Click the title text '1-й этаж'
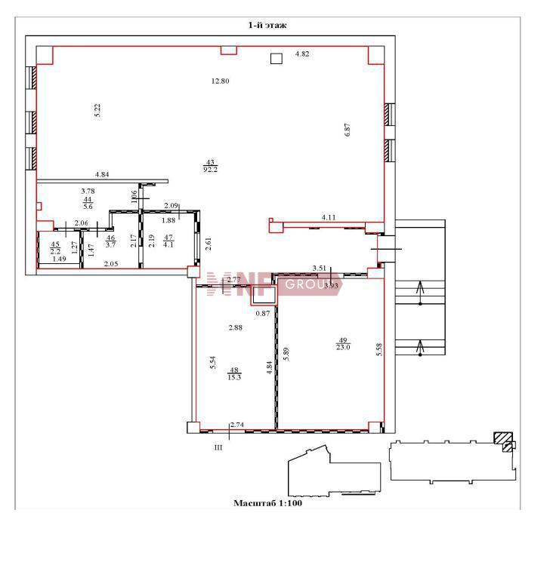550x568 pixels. pos(267,25)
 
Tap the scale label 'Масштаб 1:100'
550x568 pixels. pos(267,503)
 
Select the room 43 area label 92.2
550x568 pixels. pos(211,169)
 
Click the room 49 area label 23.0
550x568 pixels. pos(343,347)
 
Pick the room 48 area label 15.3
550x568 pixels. pos(234,377)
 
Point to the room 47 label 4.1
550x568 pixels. pos(168,244)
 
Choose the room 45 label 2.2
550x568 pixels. pos(55,251)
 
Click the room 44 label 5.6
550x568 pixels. pos(88,207)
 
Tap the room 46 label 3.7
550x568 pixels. pos(110,244)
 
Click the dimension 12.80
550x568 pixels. pos(220,81)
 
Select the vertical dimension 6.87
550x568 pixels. pos(348,130)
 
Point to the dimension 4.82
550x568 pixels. pos(302,54)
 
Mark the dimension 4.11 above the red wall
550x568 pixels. pos(329,217)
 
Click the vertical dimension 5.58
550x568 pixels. pos(379,349)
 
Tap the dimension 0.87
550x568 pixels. pos(263,313)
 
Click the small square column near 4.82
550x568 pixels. pos(277,59)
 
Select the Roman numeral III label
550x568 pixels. pos(218,448)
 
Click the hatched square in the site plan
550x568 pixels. pos(503,438)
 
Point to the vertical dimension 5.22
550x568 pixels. pos(97,110)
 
